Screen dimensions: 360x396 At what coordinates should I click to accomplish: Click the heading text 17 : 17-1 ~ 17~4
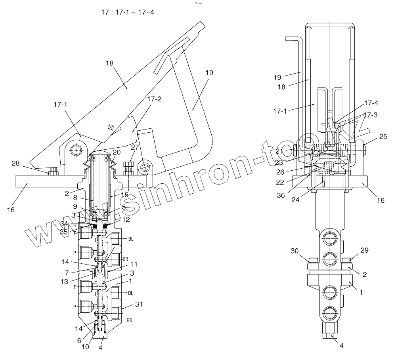pos(128,12)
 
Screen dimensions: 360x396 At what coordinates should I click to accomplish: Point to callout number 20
pos(116,153)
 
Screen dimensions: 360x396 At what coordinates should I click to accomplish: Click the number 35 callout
pos(64,232)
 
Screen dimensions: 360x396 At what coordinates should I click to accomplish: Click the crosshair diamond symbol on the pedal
pos(111,128)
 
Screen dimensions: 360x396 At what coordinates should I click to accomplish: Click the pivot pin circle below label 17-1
pos(75,150)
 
